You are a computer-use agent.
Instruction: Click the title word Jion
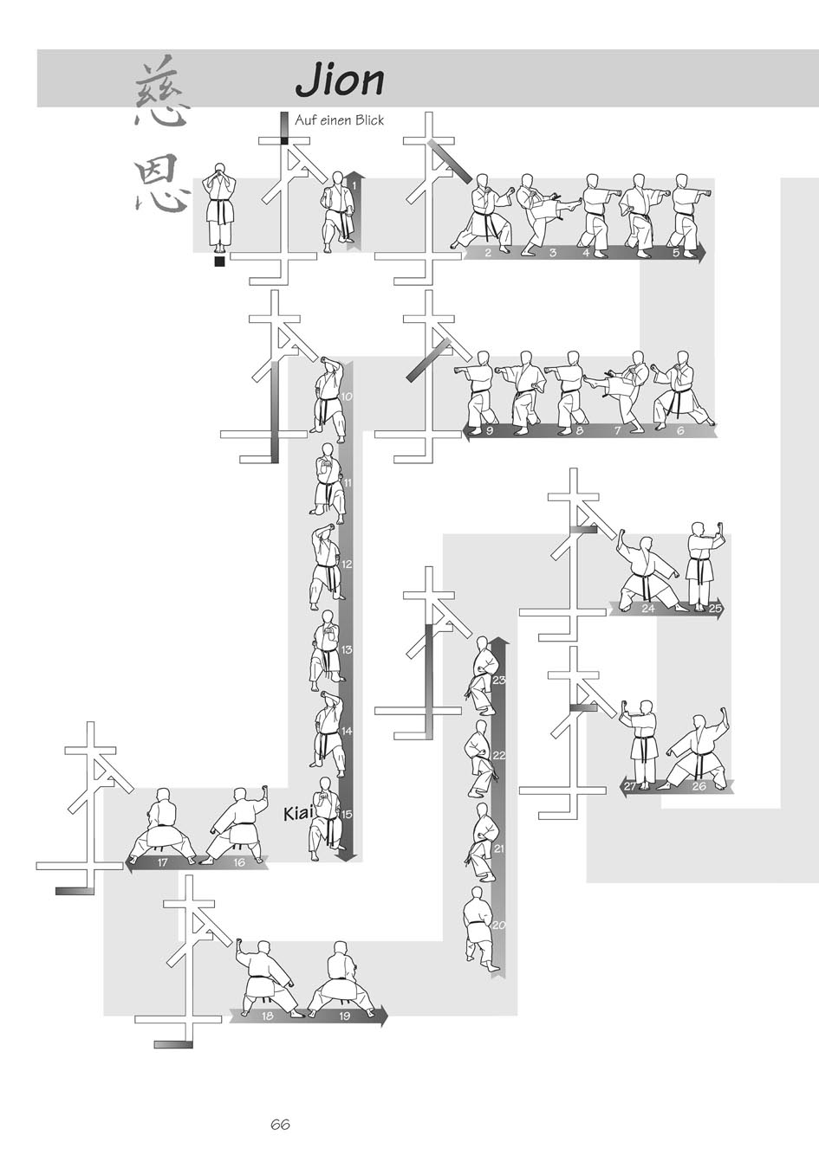340,81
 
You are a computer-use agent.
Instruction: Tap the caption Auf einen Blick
339,120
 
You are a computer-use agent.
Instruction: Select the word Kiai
298,813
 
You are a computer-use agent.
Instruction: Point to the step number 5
676,253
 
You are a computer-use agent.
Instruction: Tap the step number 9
489,430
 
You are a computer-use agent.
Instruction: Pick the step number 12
347,565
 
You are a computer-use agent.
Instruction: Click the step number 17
163,862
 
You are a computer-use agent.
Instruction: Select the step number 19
345,1016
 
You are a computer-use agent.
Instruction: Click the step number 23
498,681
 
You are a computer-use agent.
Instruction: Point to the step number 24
647,609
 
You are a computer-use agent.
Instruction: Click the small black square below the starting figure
220,261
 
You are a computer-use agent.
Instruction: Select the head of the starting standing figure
220,168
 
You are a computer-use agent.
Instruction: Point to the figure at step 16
237,825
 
